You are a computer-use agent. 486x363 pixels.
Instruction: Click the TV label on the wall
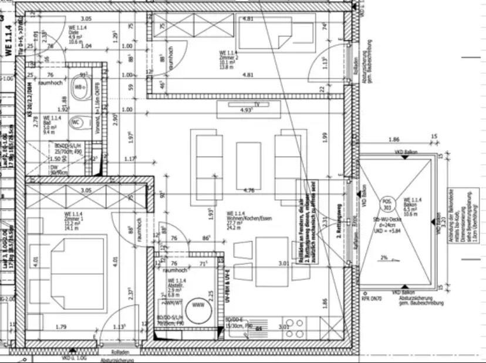pos(256,104)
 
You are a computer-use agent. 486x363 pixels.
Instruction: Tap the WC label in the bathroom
pos(76,123)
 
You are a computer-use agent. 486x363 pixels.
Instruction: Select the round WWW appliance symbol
pos(198,306)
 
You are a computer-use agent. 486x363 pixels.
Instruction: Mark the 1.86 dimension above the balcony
pos(393,140)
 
